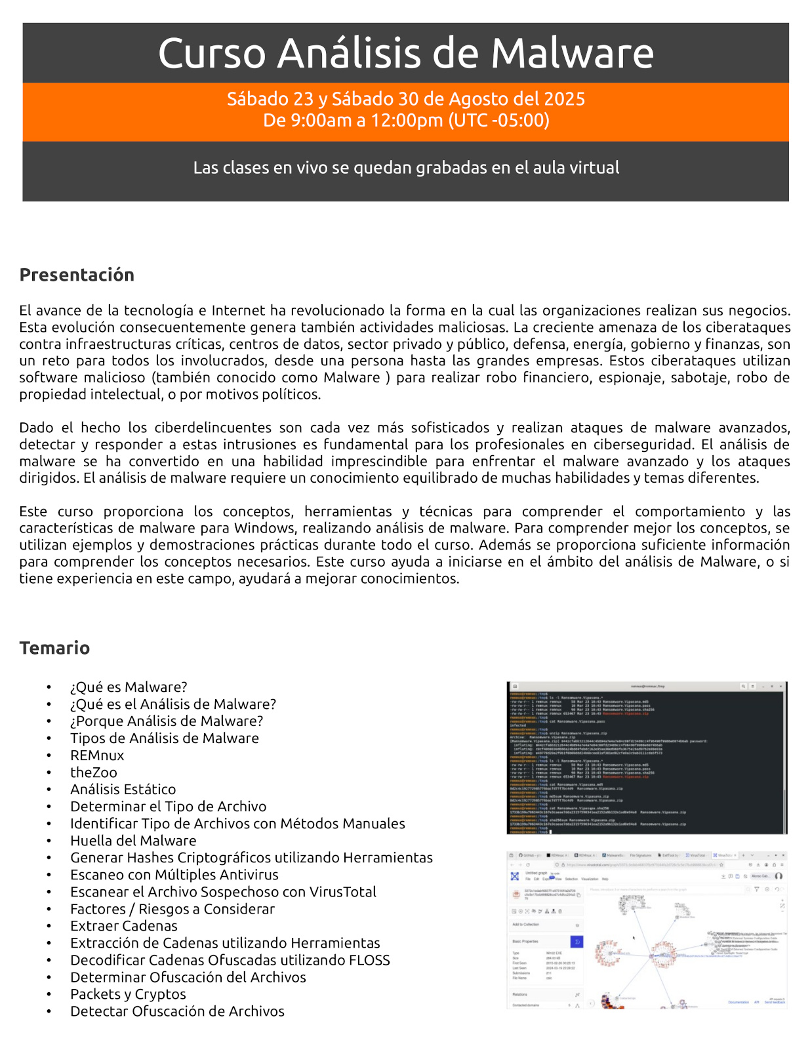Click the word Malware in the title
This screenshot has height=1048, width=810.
(x=572, y=53)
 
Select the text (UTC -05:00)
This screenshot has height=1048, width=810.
(x=499, y=120)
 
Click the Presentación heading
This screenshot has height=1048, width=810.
(x=77, y=275)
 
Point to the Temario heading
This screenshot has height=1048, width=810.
(x=54, y=648)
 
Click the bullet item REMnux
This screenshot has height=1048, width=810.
(x=97, y=755)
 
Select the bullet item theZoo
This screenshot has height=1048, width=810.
(x=94, y=772)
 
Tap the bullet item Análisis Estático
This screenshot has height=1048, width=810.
(x=123, y=789)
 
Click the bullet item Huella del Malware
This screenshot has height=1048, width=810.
(x=133, y=840)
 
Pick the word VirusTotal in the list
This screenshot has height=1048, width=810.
(x=342, y=891)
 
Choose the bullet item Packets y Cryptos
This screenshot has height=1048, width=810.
(x=128, y=994)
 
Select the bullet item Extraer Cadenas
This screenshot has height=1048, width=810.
(x=124, y=925)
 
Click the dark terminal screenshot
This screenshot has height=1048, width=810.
(x=647, y=758)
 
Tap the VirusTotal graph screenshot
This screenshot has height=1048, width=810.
(x=647, y=930)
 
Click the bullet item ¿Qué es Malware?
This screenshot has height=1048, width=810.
(x=129, y=687)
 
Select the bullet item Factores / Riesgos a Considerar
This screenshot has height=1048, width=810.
(x=172, y=908)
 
